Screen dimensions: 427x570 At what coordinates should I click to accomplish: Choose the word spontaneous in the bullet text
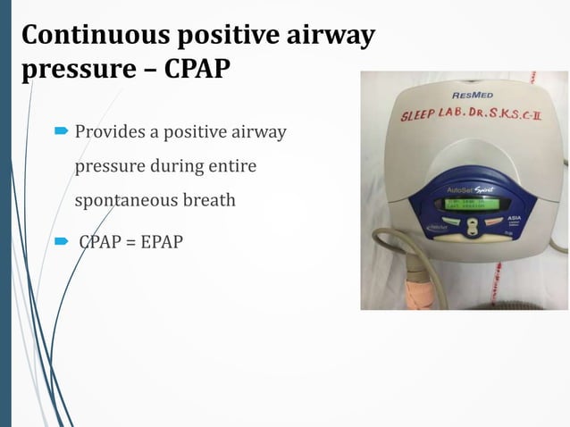click(x=125, y=199)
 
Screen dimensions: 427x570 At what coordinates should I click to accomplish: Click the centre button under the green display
click(x=473, y=226)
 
